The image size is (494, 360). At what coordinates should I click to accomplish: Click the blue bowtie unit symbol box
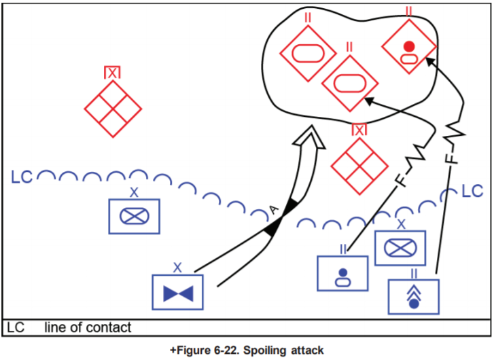click(178, 293)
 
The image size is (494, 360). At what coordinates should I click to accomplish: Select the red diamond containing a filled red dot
click(408, 47)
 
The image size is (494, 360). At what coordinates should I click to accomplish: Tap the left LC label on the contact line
click(22, 179)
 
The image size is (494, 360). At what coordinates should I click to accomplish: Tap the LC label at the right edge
click(472, 191)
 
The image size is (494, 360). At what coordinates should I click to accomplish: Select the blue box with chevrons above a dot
click(414, 297)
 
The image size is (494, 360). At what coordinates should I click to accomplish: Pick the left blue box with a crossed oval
click(134, 216)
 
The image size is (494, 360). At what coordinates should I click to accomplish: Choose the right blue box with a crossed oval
click(400, 248)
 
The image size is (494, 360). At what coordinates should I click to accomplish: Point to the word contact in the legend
click(108, 328)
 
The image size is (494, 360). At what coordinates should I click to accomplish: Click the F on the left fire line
click(401, 181)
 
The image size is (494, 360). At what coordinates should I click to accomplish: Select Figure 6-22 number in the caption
click(200, 350)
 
